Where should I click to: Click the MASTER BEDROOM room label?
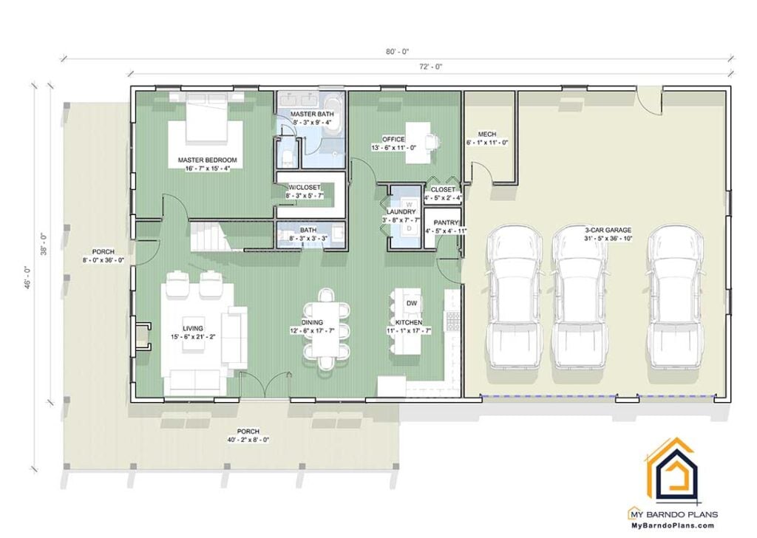[x=207, y=160]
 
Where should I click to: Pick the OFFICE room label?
[x=393, y=139]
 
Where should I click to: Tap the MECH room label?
[x=486, y=134]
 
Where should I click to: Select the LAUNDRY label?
[x=401, y=212]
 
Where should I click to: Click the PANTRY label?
[x=447, y=222]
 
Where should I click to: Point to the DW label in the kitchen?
[x=412, y=302]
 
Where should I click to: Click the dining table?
[x=325, y=330]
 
